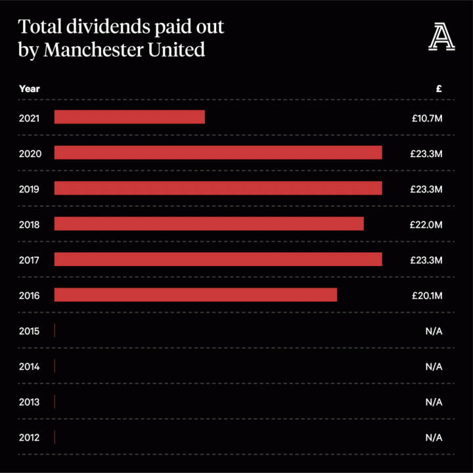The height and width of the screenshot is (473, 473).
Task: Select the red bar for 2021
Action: coord(129,117)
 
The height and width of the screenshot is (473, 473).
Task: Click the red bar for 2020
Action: coord(218,152)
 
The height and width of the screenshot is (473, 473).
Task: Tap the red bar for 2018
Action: coord(209,223)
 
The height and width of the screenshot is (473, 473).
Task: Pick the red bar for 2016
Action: coord(196,294)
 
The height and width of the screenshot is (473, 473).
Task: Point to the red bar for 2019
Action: coord(218,188)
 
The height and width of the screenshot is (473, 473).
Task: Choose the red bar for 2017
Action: coord(218,259)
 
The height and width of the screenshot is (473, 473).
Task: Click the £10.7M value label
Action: coord(427,118)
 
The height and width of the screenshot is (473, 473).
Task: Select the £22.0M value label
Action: coord(427,225)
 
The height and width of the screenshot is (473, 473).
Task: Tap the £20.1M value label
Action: coord(427,296)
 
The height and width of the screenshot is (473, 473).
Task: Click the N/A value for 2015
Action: coord(434,331)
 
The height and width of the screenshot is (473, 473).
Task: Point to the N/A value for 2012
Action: coord(434,438)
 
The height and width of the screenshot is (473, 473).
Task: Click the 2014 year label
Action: coord(30,367)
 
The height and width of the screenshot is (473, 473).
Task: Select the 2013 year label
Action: coord(30,402)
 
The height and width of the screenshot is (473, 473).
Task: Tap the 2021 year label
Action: coord(30,118)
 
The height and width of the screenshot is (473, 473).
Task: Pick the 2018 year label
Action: coord(30,225)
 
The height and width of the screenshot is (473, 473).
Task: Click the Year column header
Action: coord(29,88)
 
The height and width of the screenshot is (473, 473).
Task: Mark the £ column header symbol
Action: coord(439,88)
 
